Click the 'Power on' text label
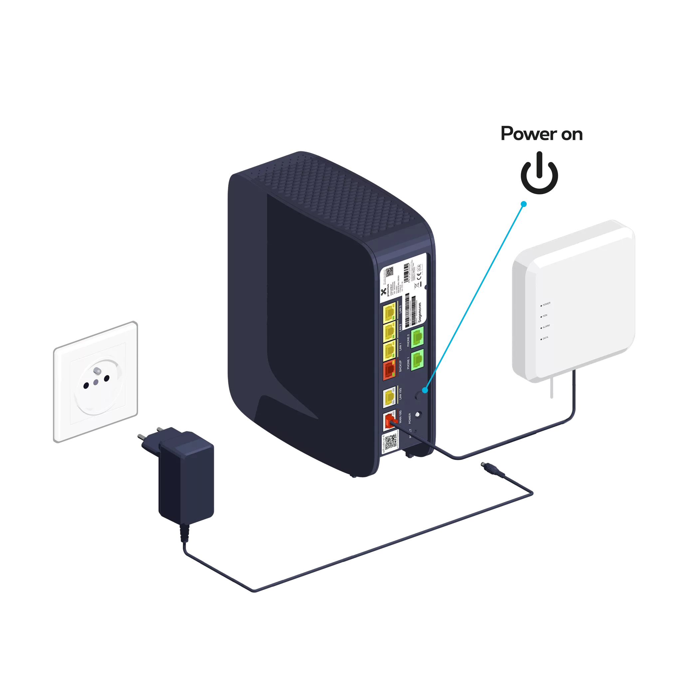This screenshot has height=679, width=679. tap(541, 134)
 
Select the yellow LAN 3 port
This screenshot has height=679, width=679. tap(390, 311)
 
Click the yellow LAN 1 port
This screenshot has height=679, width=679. tap(390, 350)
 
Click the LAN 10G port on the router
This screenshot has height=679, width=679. tap(390, 397)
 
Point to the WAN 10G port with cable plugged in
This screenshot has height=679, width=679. tap(390, 421)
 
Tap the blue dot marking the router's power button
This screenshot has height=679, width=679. tap(425, 390)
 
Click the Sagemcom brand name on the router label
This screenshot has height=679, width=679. tap(419, 312)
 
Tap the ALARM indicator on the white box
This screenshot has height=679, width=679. tap(542, 327)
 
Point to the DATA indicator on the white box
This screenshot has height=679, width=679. tap(542, 339)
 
